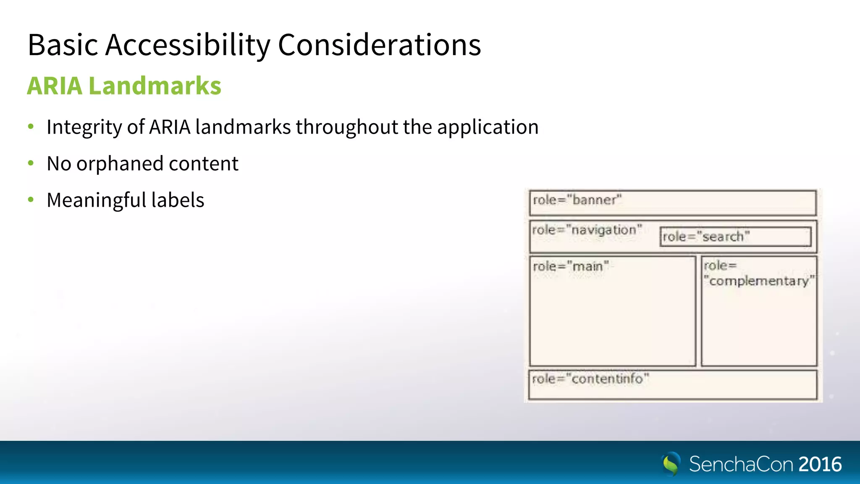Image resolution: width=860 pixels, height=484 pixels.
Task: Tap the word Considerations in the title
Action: (x=379, y=45)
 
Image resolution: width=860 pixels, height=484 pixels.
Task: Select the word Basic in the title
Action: (x=63, y=45)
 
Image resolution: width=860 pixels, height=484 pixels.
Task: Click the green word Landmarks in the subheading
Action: (x=155, y=86)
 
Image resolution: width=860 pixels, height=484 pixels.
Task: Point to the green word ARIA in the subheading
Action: (x=55, y=86)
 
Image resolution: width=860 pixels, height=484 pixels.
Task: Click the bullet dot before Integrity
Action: (x=31, y=126)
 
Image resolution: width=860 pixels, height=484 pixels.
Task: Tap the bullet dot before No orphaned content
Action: (x=31, y=163)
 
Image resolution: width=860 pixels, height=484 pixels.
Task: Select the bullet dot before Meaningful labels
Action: (x=31, y=200)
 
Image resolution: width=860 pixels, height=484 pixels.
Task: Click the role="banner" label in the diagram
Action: (x=577, y=200)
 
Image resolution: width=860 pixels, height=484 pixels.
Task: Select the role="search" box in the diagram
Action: (x=735, y=237)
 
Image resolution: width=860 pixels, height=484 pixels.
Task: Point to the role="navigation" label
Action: (x=587, y=230)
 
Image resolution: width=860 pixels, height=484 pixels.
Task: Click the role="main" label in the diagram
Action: (x=570, y=266)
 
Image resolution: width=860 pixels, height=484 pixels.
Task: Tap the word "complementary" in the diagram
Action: (x=759, y=281)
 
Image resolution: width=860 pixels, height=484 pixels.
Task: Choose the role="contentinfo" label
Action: (x=590, y=379)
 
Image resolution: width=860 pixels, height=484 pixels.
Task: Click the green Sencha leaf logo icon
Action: (x=671, y=464)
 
